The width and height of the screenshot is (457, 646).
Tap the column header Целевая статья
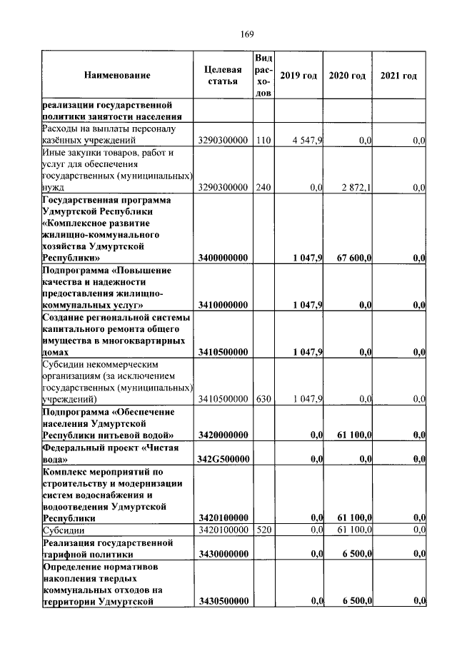223,76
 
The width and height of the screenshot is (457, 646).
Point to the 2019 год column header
298,76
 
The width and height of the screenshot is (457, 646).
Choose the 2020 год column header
347,76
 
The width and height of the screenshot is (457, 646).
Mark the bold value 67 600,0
350,257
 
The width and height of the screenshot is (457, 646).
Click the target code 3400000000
223,257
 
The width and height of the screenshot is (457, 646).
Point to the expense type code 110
262,141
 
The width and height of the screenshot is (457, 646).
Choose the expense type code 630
262,398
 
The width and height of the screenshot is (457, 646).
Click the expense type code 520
262,529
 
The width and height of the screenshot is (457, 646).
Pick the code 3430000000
223,552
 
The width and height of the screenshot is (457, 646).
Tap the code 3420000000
223,434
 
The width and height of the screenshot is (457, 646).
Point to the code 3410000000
223,305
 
